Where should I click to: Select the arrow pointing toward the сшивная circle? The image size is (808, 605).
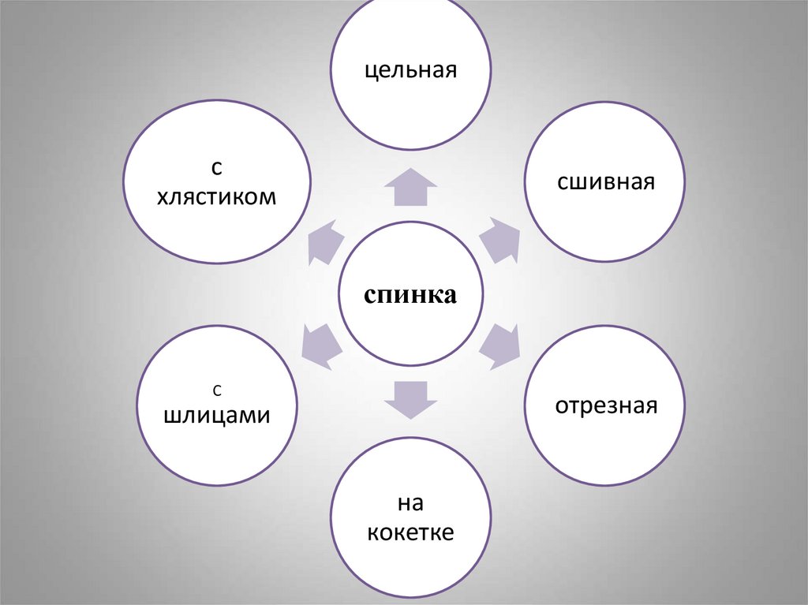click(x=500, y=240)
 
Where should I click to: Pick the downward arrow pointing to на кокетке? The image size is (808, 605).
click(x=410, y=398)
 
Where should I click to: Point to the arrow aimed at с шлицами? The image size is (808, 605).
click(x=322, y=345)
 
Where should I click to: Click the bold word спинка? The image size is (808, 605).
click(x=410, y=296)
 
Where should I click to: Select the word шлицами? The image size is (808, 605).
click(x=217, y=416)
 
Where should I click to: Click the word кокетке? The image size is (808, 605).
click(x=410, y=532)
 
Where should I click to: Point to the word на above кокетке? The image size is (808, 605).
click(x=410, y=502)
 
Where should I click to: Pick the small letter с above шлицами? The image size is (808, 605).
click(x=217, y=390)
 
